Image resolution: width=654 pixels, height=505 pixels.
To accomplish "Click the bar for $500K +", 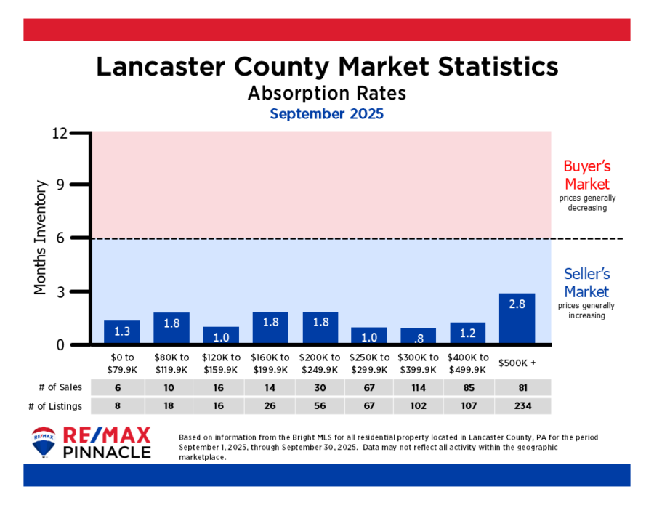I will (x=517, y=318).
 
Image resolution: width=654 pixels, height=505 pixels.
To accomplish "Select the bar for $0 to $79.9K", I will (x=122, y=331).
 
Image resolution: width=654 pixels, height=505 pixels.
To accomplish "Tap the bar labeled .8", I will (x=419, y=336).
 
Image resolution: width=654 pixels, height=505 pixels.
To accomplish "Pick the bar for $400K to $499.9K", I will (x=468, y=333).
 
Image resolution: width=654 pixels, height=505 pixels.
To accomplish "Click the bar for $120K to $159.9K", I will (x=221, y=335).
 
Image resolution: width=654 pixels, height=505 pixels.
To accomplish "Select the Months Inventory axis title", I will (x=41, y=238).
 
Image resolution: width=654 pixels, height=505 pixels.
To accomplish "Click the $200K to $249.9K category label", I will (x=320, y=363).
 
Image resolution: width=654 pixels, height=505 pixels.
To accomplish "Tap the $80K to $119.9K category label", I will (x=171, y=363).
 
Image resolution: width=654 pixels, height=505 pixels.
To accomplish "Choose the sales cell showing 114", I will (x=419, y=387).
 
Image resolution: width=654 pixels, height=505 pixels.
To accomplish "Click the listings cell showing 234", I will (x=517, y=405).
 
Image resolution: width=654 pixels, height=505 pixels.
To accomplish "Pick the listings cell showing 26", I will (x=270, y=405).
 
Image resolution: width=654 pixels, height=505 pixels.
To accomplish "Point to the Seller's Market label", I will (x=586, y=283).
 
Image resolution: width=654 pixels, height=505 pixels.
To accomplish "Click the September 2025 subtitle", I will (x=326, y=114).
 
